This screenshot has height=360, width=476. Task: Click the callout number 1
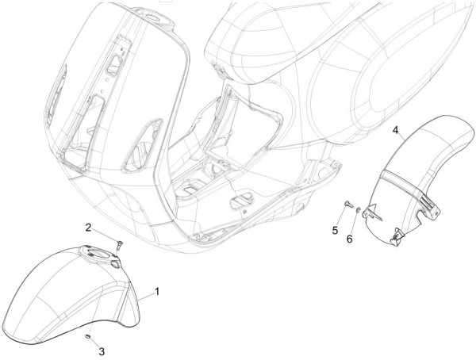[x=157, y=292]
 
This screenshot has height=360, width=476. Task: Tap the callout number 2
[x=88, y=228]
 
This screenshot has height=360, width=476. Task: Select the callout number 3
[x=102, y=351]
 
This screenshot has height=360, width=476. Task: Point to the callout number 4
[x=395, y=130]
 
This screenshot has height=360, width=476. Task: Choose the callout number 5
[x=335, y=231]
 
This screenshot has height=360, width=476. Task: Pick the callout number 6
[x=350, y=239]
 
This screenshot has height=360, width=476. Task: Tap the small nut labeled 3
[x=88, y=336]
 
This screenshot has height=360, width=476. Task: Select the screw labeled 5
[x=347, y=205]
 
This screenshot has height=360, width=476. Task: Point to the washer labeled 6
[x=359, y=209]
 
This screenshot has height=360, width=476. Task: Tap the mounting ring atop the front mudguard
[x=100, y=255]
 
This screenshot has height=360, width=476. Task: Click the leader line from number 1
[x=146, y=297]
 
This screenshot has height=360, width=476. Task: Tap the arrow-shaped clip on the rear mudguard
[x=374, y=213]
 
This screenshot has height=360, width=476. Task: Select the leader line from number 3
[x=94, y=342]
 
